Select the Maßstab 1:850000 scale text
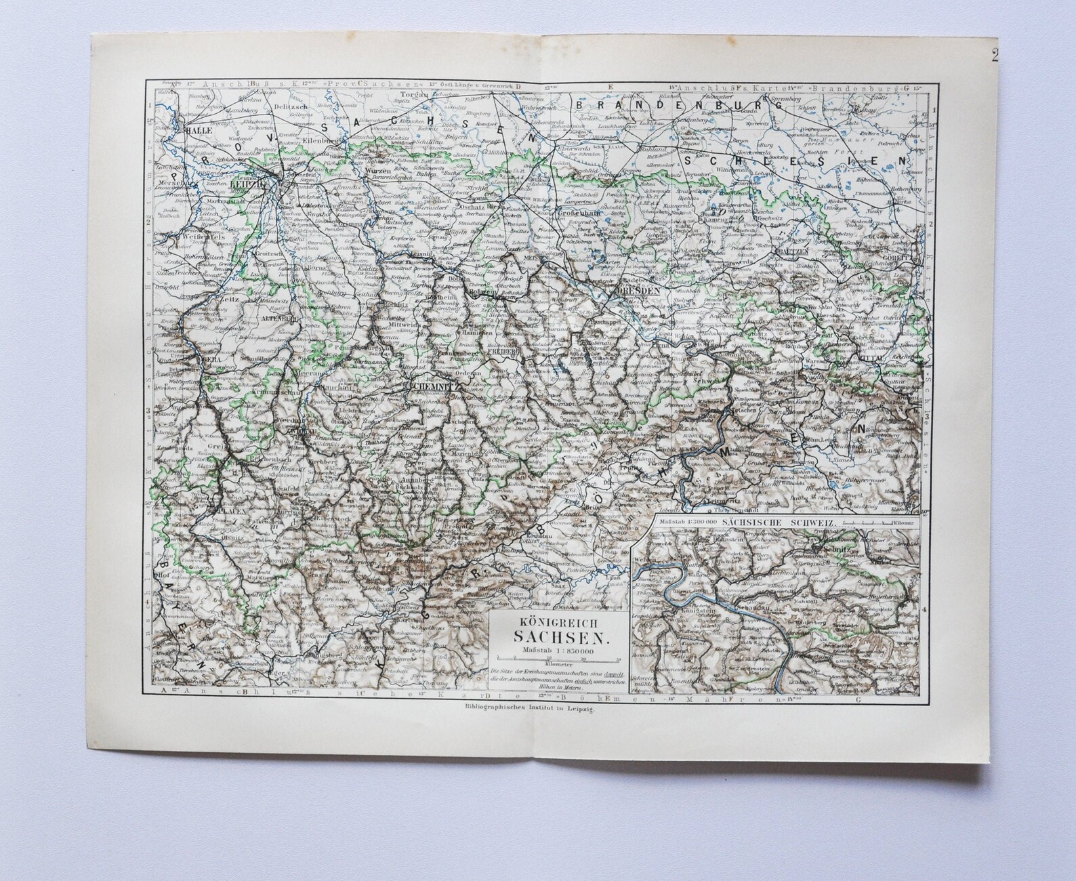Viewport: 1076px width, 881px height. [554, 651]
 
